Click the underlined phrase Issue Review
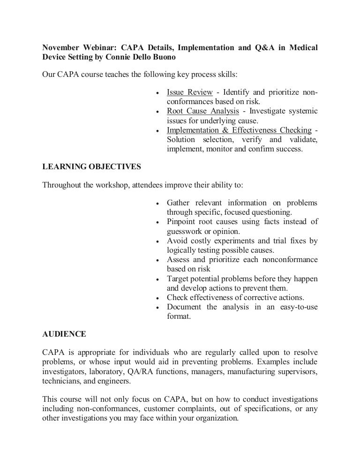(190, 92)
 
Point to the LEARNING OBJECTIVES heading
(91, 166)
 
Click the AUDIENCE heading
(64, 334)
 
